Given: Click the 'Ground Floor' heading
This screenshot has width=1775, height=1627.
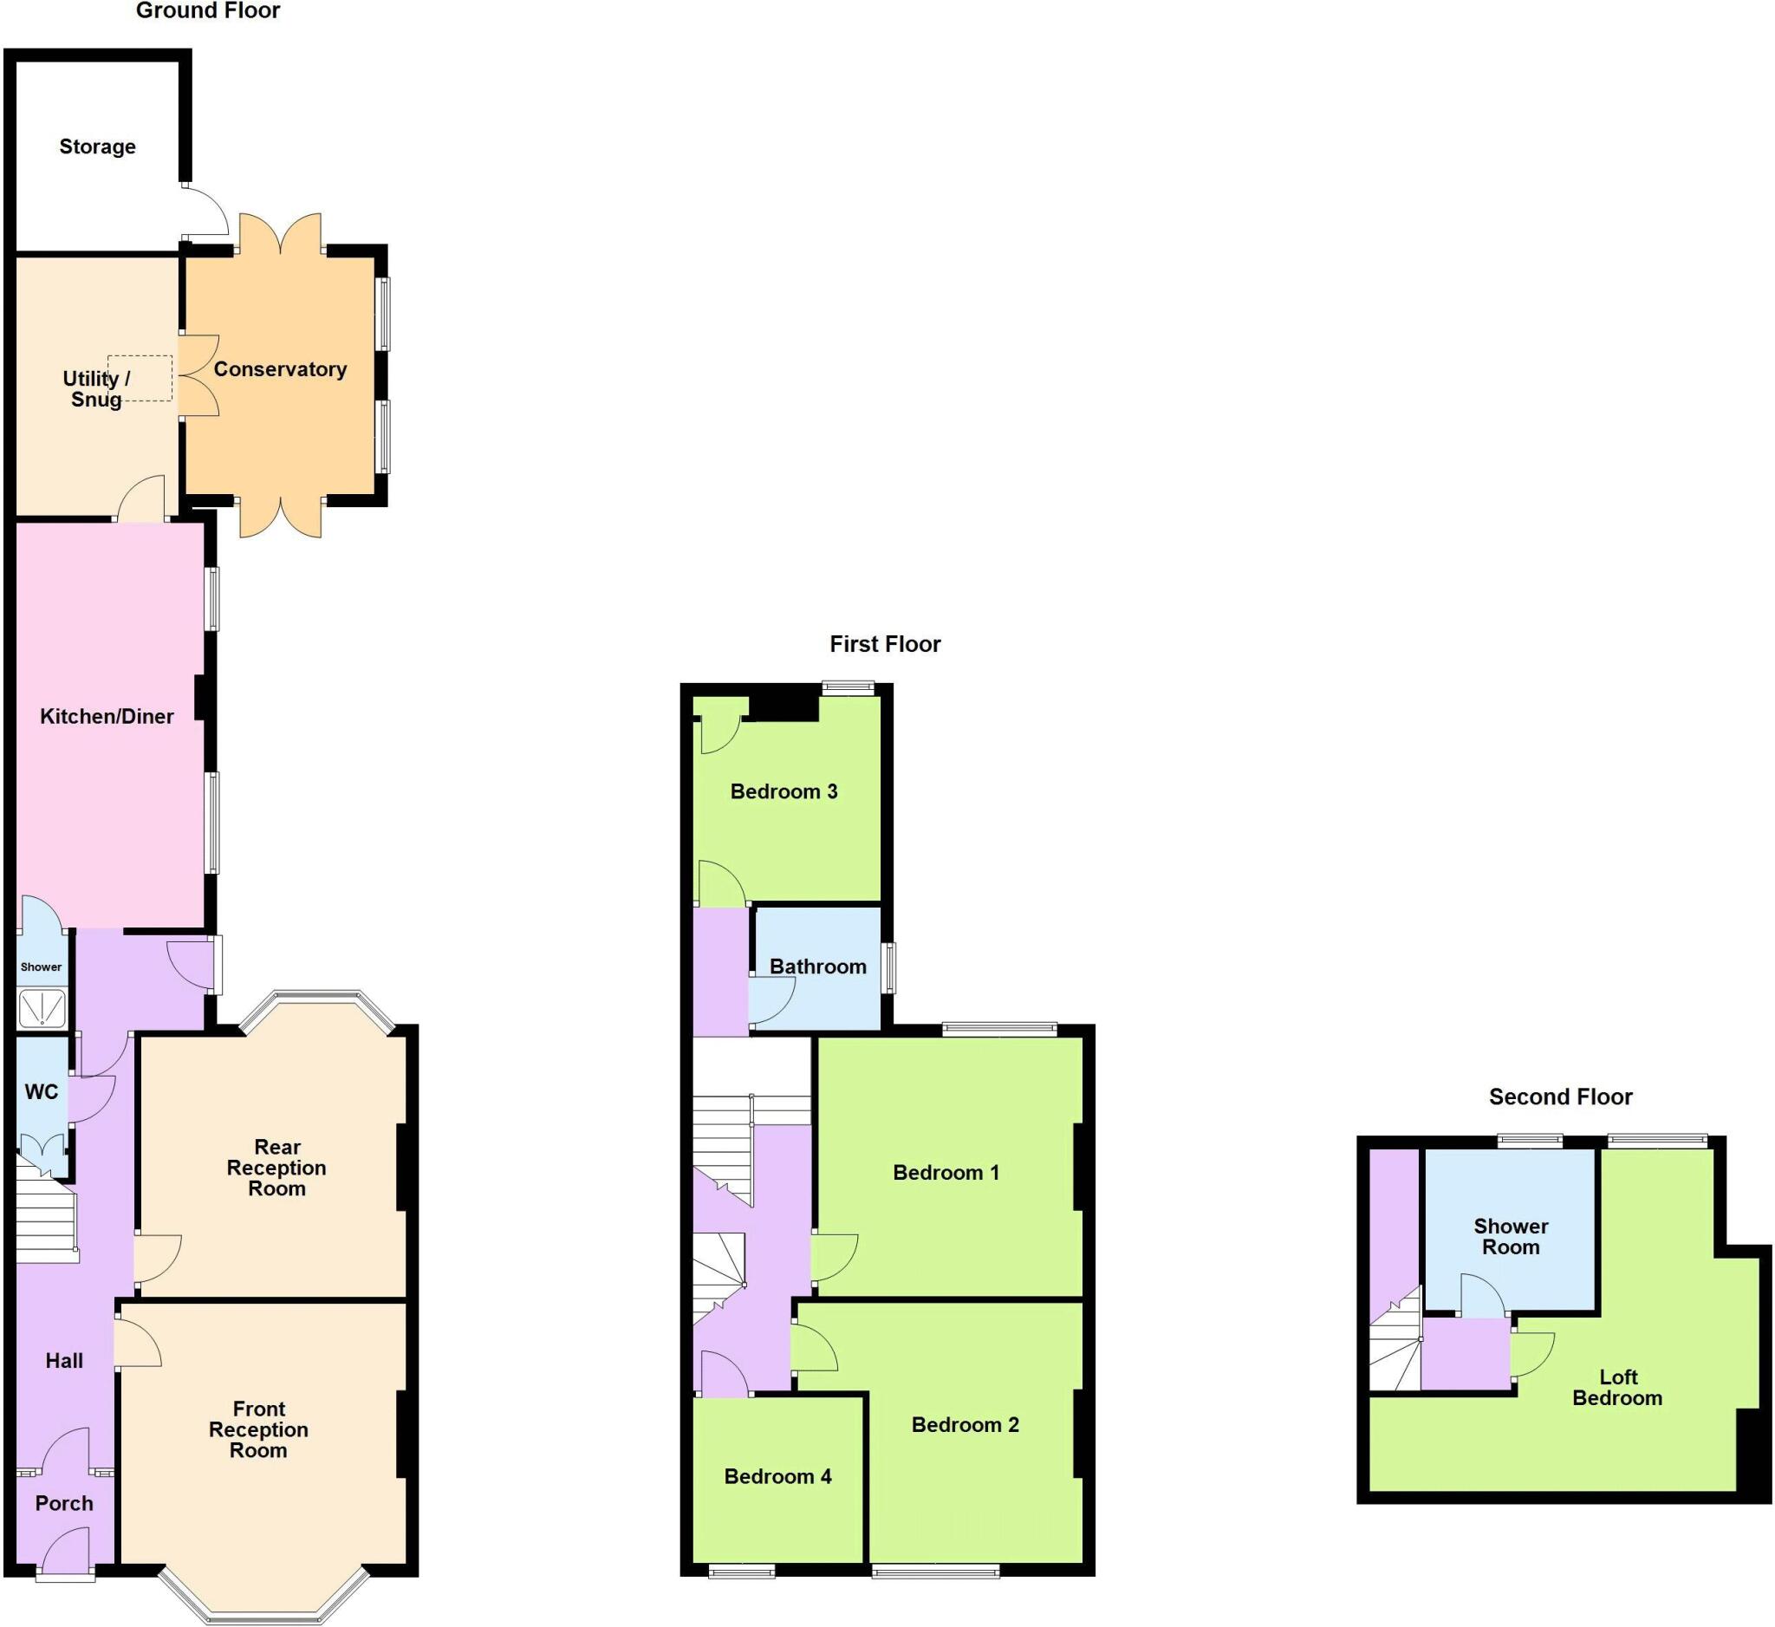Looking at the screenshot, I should (208, 11).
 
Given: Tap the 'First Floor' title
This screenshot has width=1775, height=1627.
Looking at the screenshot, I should (885, 644).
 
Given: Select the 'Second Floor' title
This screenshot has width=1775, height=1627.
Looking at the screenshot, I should (1560, 1097).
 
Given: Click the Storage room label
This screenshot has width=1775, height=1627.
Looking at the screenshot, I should (98, 147).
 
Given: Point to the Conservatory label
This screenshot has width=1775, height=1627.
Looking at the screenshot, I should (280, 370).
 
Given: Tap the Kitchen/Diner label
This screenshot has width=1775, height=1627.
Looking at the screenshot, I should (107, 717).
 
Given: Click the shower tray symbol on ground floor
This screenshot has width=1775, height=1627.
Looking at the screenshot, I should (42, 1008).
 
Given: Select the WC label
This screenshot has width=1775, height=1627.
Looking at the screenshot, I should (42, 1092).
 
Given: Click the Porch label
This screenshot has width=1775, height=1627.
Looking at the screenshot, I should (64, 1504).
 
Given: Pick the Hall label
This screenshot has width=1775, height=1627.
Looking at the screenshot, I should (64, 1361).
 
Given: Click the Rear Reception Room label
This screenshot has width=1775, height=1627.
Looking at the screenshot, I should (276, 1168).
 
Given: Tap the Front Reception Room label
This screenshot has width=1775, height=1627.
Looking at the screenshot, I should (259, 1429).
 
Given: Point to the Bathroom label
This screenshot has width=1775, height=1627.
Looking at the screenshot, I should (818, 966).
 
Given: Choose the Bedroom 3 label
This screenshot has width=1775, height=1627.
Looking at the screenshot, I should (783, 791).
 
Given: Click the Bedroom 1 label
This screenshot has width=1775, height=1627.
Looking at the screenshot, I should (946, 1173).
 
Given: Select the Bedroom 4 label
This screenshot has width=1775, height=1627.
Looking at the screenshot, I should (777, 1476).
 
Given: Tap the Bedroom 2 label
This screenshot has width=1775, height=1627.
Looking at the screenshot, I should (965, 1424).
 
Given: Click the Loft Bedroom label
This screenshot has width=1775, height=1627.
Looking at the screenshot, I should (1617, 1388).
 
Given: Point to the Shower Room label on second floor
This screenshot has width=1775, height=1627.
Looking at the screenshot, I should (1511, 1237).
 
